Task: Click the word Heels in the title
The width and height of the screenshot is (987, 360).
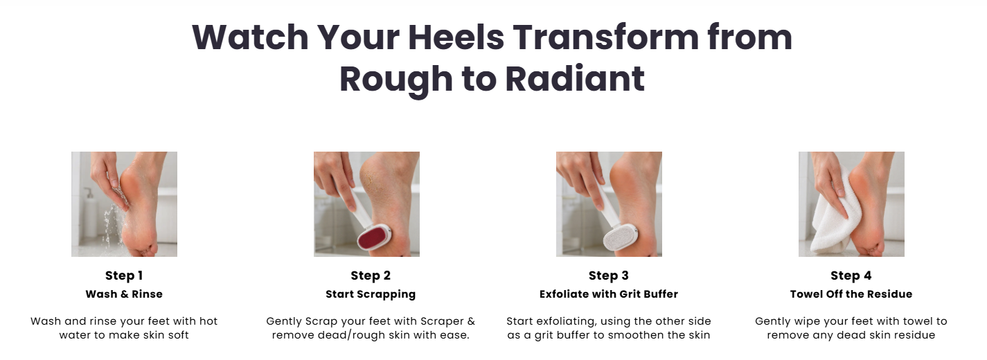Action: [456, 37]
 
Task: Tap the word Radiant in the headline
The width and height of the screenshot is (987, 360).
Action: [575, 79]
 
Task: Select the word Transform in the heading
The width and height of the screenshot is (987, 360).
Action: [606, 37]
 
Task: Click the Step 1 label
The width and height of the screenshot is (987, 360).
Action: [124, 276]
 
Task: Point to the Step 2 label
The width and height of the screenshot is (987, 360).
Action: [371, 276]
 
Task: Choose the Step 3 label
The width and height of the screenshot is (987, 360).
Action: [609, 276]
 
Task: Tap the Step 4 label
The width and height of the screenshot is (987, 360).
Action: [851, 276]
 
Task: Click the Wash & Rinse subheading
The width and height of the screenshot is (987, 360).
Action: [124, 294]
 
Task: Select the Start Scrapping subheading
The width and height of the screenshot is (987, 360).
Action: [371, 294]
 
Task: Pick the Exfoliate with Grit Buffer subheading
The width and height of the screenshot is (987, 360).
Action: [609, 294]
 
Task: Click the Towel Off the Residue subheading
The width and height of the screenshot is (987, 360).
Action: [851, 294]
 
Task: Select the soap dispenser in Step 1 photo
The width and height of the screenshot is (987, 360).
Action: [90, 212]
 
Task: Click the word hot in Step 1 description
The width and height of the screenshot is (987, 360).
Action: [208, 321]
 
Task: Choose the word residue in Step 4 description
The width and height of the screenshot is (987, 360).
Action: [914, 335]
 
